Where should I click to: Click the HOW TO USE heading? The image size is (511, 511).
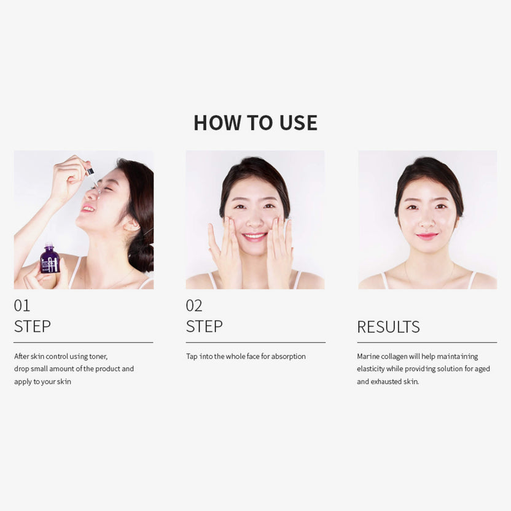pyautogui.click(x=255, y=123)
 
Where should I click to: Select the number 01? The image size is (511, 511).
pyautogui.click(x=22, y=305)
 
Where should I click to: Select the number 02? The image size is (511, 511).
pyautogui.click(x=194, y=305)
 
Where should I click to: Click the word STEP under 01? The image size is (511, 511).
pyautogui.click(x=33, y=327)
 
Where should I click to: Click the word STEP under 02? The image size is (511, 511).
pyautogui.click(x=205, y=327)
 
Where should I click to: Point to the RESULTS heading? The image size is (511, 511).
pyautogui.click(x=388, y=327)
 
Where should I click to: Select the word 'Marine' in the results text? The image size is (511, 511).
pyautogui.click(x=369, y=356)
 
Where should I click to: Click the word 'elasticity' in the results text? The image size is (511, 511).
pyautogui.click(x=372, y=369)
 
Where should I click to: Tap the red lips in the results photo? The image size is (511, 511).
pyautogui.click(x=427, y=236)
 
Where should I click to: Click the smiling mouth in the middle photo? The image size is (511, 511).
pyautogui.click(x=254, y=235)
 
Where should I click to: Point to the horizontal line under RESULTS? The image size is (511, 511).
pyautogui.click(x=427, y=342)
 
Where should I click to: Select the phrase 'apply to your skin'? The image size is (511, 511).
pyautogui.click(x=42, y=381)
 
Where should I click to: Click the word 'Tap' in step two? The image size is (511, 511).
pyautogui.click(x=192, y=356)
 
